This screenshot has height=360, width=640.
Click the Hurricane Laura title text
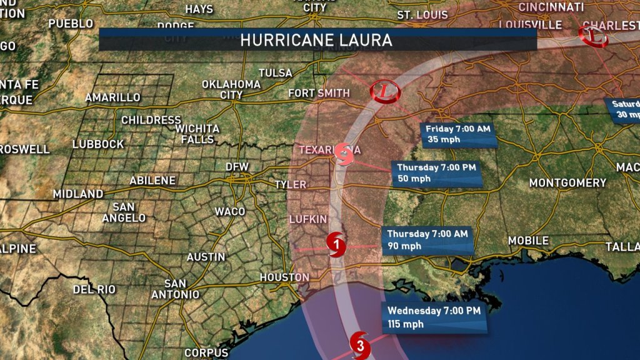pyautogui.click(x=316, y=41)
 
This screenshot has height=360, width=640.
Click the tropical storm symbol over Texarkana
pyautogui.click(x=343, y=152)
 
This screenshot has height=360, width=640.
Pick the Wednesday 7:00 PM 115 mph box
pyautogui.click(x=435, y=317)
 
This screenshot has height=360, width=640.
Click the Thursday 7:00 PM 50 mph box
pyautogui.click(x=438, y=173)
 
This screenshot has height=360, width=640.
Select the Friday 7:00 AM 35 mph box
pyautogui.click(x=460, y=134)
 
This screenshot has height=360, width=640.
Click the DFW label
pyautogui.click(x=240, y=167)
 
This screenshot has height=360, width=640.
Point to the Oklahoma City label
pyautogui.click(x=231, y=89)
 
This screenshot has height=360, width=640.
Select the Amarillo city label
pyautogui.click(x=112, y=97)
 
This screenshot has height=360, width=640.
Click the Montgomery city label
pyautogui.click(x=567, y=183)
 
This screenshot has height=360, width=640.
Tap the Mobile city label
pyautogui.click(x=528, y=241)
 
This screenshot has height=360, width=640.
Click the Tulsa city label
pyautogui.click(x=276, y=73)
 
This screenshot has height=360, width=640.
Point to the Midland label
pyautogui.click(x=78, y=194)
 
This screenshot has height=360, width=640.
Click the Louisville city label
pyautogui.click(x=531, y=24)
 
